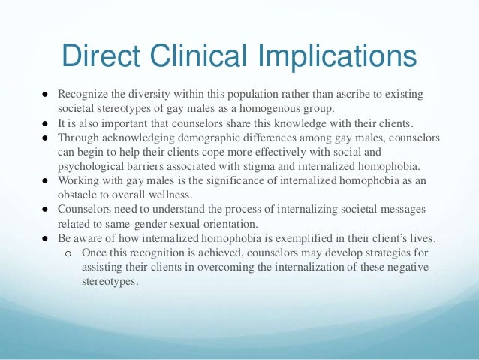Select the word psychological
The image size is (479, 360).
[x=88, y=166]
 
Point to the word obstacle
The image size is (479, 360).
[x=79, y=195]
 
